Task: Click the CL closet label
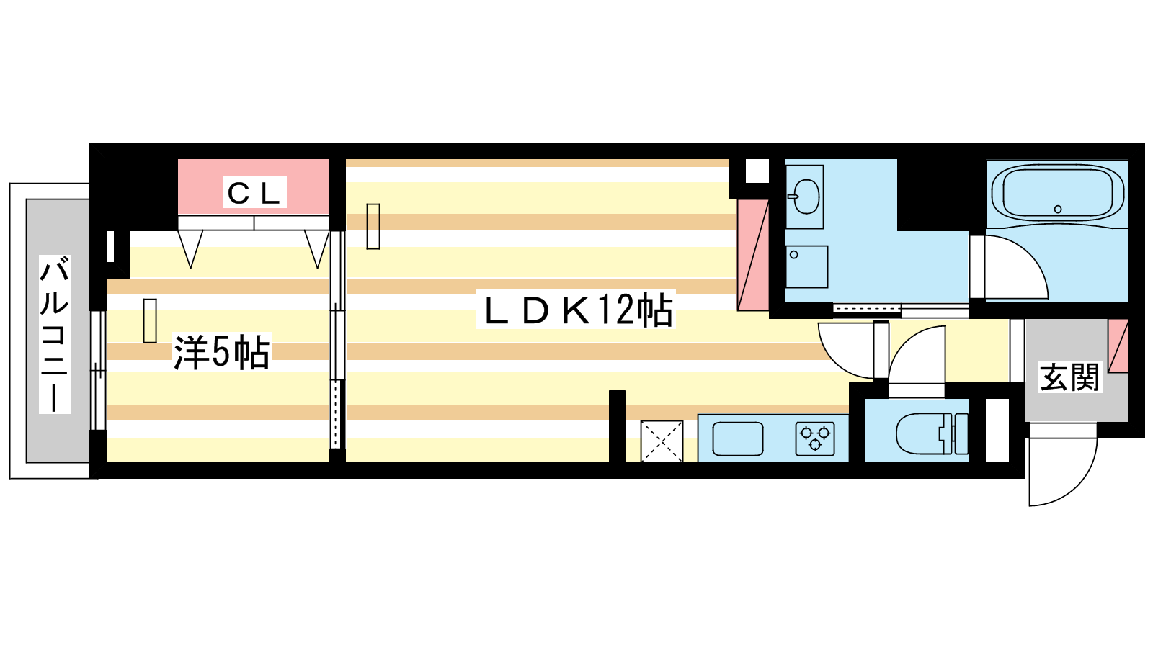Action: (x=254, y=193)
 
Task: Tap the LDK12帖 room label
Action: (x=577, y=310)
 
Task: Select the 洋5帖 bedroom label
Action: (x=221, y=352)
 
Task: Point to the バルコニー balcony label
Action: (x=55, y=334)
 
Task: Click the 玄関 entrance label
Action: (x=1069, y=377)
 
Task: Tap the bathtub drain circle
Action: (x=1058, y=209)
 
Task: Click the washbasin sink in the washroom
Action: (x=805, y=197)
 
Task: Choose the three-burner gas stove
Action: (x=815, y=438)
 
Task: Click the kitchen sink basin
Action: (x=738, y=438)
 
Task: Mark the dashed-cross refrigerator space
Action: (x=662, y=441)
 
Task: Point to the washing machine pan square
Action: (x=806, y=266)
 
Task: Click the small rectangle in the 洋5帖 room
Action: (x=150, y=320)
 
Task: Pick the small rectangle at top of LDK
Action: (x=373, y=226)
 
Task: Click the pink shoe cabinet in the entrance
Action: (x=1118, y=346)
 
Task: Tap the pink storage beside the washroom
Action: (x=752, y=255)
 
